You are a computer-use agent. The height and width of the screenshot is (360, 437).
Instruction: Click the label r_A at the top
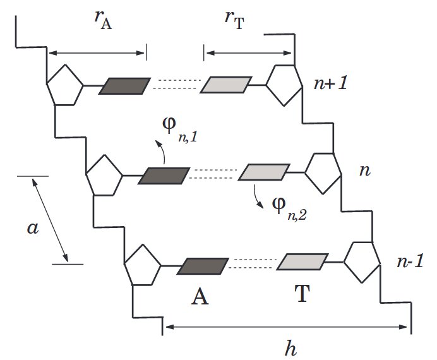(x=103, y=20)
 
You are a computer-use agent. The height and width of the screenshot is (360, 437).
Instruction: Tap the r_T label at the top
(x=234, y=20)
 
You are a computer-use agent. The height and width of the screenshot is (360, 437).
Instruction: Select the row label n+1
(x=331, y=83)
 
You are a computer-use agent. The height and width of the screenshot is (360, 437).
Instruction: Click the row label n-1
(x=410, y=261)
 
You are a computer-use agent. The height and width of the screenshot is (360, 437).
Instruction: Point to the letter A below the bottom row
(x=200, y=296)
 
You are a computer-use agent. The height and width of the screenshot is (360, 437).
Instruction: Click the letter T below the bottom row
(x=302, y=293)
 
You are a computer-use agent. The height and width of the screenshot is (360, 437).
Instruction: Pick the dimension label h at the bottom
(x=290, y=347)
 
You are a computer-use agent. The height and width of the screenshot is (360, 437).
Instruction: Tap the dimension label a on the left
(x=33, y=228)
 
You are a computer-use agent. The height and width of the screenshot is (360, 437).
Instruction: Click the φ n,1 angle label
(x=180, y=129)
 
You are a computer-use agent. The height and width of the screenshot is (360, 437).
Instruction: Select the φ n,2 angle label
(x=290, y=208)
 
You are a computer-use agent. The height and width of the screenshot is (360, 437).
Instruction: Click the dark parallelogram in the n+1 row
(x=124, y=86)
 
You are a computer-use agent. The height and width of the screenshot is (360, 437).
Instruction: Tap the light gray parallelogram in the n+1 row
(x=226, y=85)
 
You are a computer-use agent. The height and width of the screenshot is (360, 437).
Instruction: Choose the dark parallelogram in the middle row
(x=164, y=176)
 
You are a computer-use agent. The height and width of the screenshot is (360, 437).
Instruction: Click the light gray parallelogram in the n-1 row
(x=302, y=261)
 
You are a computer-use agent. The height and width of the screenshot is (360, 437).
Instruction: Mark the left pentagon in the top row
(x=64, y=85)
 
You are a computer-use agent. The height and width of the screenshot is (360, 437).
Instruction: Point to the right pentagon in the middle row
(x=323, y=173)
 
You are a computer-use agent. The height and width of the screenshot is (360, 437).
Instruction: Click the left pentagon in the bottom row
(x=143, y=265)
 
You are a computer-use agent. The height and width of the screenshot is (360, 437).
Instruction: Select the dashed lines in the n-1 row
(x=253, y=263)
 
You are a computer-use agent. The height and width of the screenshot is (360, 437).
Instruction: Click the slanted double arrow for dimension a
(x=50, y=220)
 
